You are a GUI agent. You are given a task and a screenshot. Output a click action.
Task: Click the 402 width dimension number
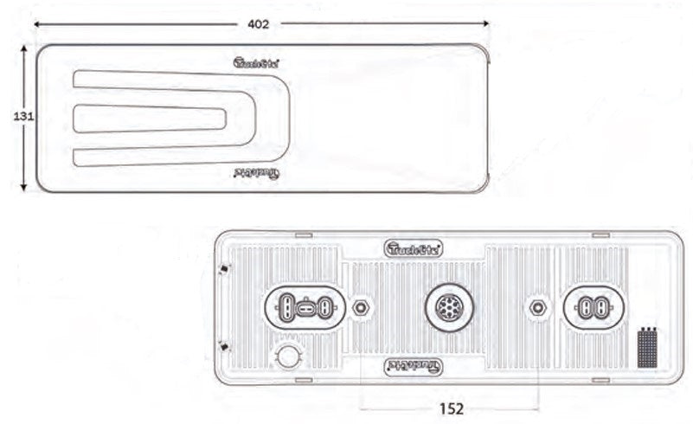click(x=257, y=24)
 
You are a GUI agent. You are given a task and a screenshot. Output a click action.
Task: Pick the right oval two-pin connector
click(x=594, y=307)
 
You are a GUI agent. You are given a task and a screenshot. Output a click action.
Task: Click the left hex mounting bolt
click(x=362, y=307)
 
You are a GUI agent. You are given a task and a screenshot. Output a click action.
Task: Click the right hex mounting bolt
click(x=538, y=307)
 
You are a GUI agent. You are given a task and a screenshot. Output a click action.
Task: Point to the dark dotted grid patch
click(x=648, y=350)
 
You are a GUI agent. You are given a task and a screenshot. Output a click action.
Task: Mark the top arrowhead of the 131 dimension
click(x=23, y=49)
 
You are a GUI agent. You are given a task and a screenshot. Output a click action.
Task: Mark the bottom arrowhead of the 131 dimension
click(x=23, y=188)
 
